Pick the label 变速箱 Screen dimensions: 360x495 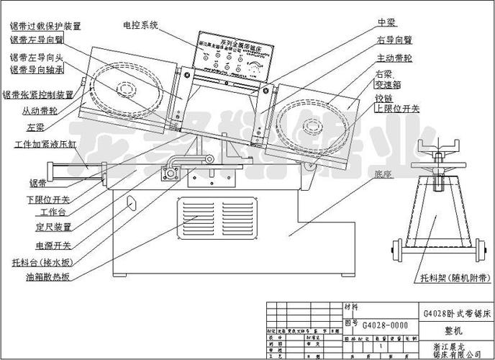(389, 84)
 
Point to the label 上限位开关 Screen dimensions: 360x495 (397, 107)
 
